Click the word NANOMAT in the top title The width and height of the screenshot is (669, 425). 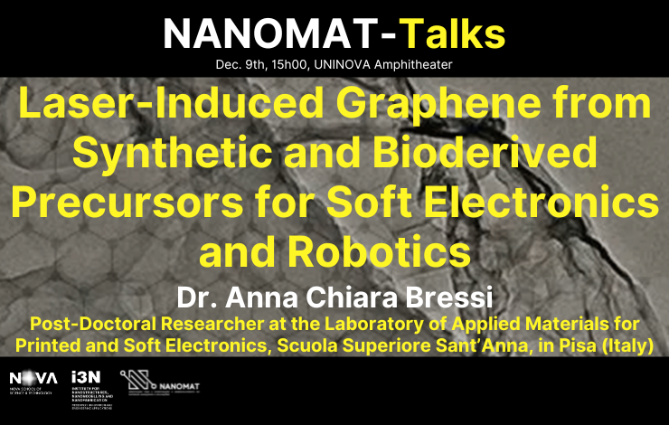pos(268,34)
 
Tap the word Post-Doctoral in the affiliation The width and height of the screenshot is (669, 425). pos(87,323)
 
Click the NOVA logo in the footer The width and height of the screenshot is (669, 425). pos(33,380)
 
